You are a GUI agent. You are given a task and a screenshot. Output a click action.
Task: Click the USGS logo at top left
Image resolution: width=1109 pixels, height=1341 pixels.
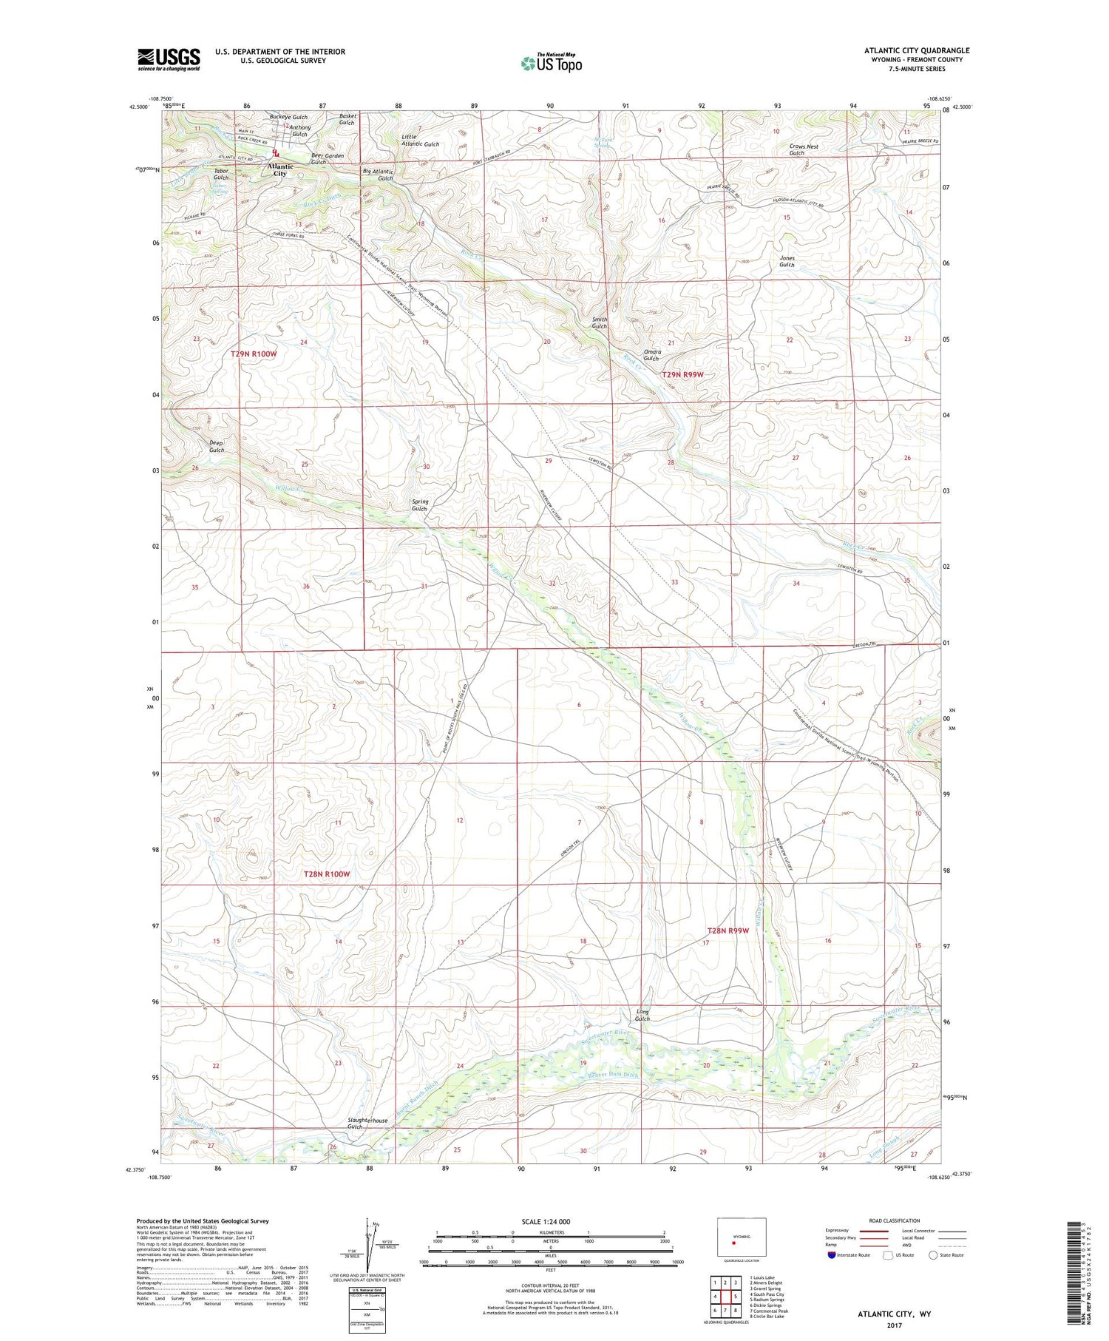(169, 59)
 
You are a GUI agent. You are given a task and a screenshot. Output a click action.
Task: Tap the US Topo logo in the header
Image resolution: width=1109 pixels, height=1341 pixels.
(551, 63)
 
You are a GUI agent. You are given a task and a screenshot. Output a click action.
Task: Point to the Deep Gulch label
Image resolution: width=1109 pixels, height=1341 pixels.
(216, 446)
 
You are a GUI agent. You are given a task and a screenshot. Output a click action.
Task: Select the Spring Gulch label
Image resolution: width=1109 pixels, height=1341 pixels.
(419, 505)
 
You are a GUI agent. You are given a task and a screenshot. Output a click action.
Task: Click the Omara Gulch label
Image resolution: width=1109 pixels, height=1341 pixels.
(651, 355)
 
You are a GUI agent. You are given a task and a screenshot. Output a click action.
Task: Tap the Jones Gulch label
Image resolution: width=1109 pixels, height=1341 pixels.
(787, 261)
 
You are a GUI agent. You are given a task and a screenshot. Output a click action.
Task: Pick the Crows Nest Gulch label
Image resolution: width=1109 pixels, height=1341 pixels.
(804, 149)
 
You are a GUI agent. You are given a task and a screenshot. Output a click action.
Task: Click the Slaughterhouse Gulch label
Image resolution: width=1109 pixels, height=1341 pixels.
(367, 1124)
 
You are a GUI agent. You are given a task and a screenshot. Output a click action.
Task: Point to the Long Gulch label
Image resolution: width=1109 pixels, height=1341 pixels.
(642, 1015)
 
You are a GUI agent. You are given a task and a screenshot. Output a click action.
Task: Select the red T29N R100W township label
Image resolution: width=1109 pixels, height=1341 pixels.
(254, 354)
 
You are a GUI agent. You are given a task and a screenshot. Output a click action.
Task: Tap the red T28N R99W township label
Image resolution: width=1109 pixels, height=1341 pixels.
(733, 930)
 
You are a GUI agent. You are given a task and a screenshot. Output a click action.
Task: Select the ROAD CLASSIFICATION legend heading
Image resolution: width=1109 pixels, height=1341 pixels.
(894, 1220)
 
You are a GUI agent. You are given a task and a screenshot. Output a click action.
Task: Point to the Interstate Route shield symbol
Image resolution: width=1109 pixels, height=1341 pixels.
(832, 1254)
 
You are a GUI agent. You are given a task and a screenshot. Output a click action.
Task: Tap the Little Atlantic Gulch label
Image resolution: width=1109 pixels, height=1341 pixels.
(420, 141)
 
